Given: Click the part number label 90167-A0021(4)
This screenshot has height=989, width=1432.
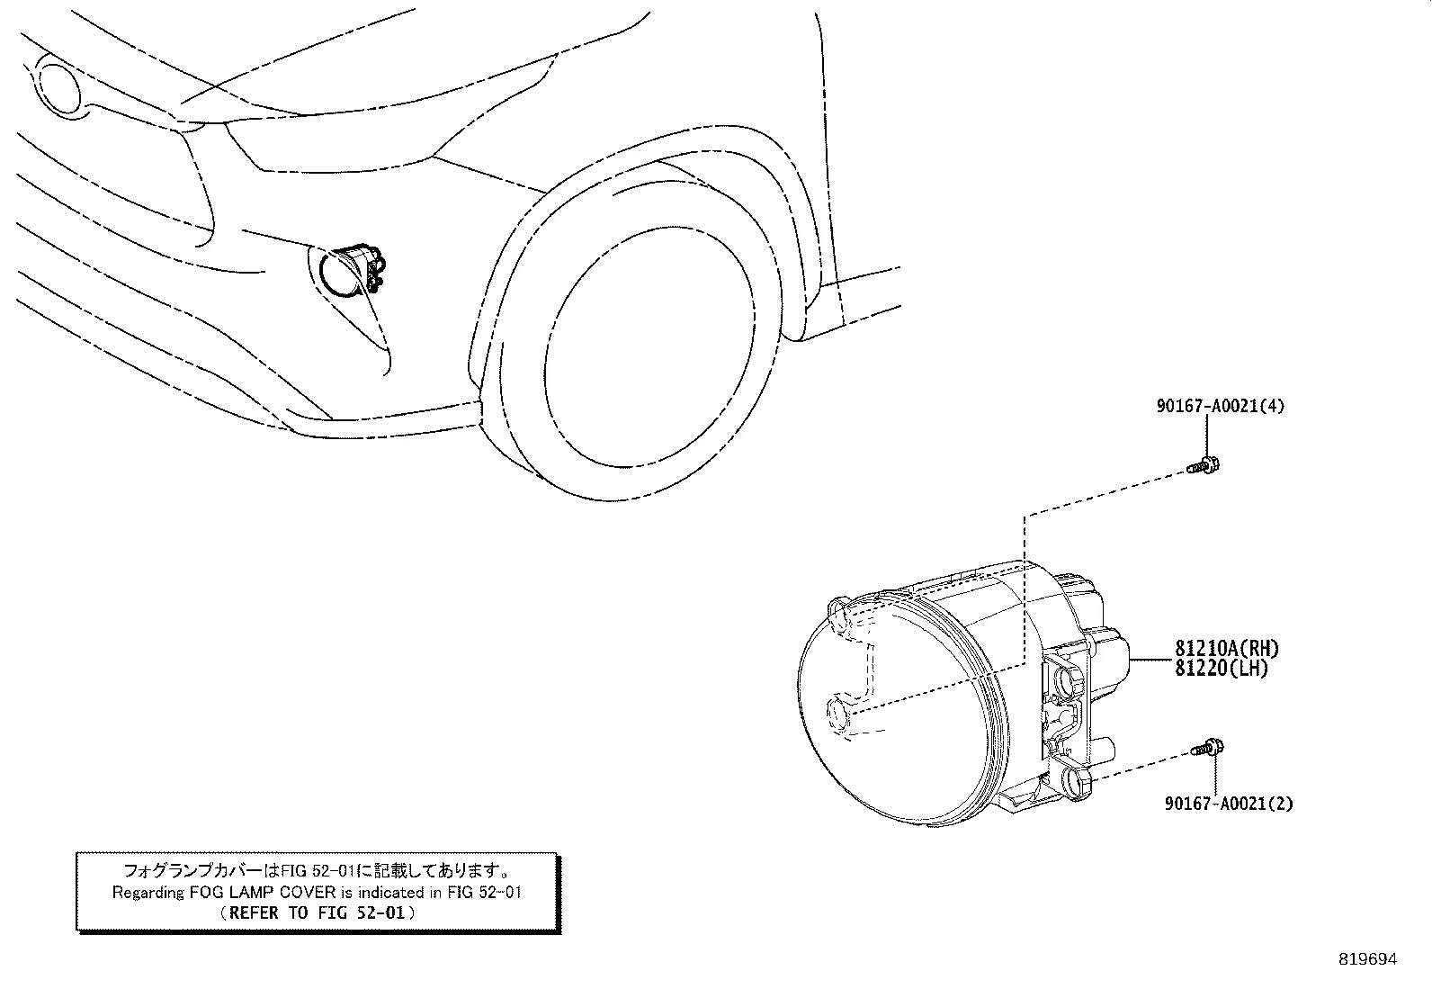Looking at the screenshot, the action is (x=1220, y=406).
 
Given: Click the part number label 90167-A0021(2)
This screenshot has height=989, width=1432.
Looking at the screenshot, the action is (x=1229, y=804).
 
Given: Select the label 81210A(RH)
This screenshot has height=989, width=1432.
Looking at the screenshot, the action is (x=1227, y=649).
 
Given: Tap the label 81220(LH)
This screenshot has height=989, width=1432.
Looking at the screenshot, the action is (x=1221, y=669).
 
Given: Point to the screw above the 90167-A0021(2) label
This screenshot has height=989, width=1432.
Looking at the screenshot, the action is (x=1208, y=748).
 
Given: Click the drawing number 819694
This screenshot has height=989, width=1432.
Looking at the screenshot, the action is (x=1367, y=959).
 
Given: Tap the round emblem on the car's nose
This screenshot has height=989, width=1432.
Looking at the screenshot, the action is (x=57, y=85).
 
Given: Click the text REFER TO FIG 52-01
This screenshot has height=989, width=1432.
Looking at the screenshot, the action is (x=318, y=913).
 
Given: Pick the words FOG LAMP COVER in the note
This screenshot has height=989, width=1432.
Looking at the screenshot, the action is (x=262, y=893).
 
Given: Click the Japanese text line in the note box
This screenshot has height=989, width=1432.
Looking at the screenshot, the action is (x=318, y=870).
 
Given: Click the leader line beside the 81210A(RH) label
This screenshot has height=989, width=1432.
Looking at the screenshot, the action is (x=1152, y=659).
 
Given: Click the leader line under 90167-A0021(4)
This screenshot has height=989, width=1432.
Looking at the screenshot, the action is (x=1206, y=436).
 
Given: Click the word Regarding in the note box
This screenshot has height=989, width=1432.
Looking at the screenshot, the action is (x=148, y=893).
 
